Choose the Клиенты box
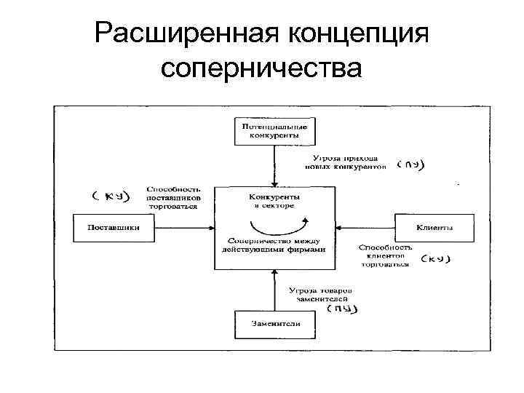[x=434, y=227]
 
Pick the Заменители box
[x=274, y=325]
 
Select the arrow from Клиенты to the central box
[x=365, y=227]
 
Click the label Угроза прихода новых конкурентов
[x=345, y=162]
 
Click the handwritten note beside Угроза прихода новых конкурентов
[x=410, y=164]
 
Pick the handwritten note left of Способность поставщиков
[x=111, y=196]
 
